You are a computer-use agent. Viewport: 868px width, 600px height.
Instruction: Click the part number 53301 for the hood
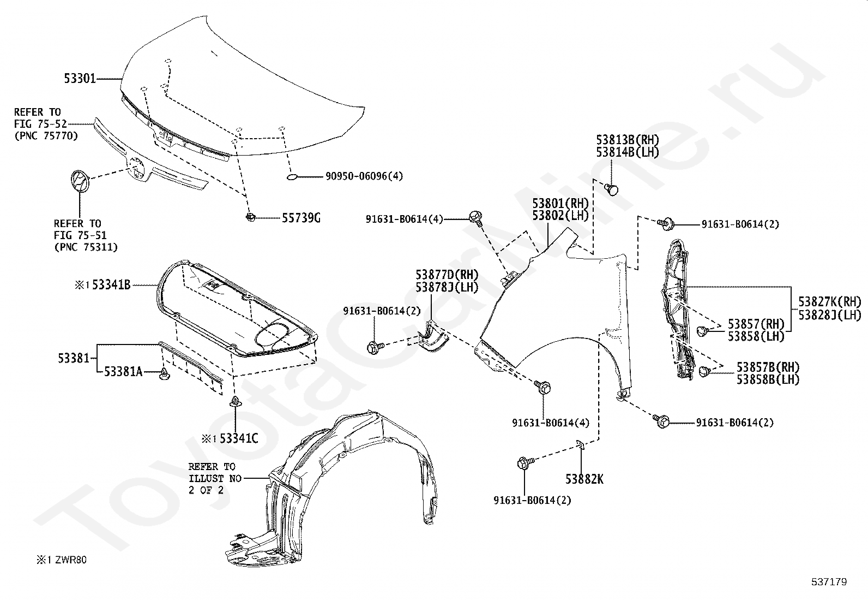80,79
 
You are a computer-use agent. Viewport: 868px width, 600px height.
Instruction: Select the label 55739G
301,218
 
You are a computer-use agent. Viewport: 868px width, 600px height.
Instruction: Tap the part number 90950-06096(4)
364,176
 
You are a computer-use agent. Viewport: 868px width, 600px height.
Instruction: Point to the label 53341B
111,285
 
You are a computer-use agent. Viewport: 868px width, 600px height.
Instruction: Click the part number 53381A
123,372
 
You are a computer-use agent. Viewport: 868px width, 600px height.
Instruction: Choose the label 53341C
239,438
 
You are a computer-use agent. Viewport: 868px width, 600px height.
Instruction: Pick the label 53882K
584,479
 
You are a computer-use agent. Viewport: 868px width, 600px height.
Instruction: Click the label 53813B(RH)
628,140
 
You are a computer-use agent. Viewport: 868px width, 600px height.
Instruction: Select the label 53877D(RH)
447,275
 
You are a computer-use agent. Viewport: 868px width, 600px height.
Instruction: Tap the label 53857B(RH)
768,367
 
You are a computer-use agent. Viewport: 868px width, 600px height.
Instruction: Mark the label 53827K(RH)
830,301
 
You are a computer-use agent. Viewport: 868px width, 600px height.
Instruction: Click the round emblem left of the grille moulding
80,181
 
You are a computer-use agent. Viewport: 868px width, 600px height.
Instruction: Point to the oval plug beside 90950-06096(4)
292,177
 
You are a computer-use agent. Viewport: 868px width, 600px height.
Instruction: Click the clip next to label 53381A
165,374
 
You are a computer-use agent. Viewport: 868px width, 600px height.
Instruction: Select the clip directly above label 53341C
236,401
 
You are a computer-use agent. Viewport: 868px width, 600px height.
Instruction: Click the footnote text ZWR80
71,560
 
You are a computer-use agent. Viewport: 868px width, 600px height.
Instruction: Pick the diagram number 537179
829,582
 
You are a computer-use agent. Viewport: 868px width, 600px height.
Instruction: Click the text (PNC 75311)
86,247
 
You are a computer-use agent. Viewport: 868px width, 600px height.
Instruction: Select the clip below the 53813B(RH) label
612,189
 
